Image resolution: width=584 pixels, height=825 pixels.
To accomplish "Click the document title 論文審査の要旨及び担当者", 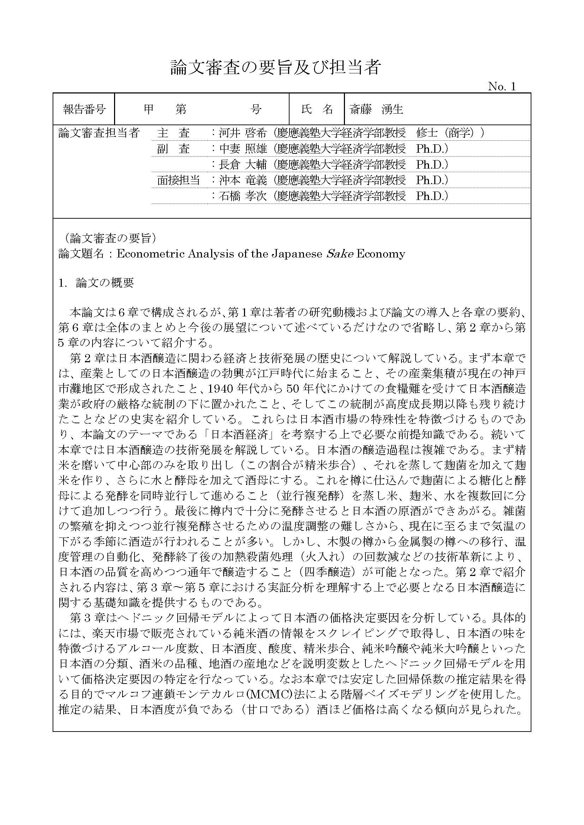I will pyautogui.click(x=275, y=67).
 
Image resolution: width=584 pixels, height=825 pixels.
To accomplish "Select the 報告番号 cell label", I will pyautogui.click(x=84, y=109).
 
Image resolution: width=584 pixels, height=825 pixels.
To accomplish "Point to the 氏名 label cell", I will pyautogui.click(x=316, y=109).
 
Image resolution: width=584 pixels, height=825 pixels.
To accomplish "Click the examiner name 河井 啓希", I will pyautogui.click(x=243, y=133).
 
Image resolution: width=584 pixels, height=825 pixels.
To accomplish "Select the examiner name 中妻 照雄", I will pyautogui.click(x=243, y=149).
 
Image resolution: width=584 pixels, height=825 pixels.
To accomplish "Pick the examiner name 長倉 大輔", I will pyautogui.click(x=243, y=165).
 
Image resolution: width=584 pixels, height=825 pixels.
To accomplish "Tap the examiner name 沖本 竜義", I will pyautogui.click(x=243, y=180).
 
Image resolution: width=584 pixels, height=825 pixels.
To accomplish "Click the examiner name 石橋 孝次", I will pyautogui.click(x=243, y=196).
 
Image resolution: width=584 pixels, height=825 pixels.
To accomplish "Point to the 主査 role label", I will pyautogui.click(x=173, y=133).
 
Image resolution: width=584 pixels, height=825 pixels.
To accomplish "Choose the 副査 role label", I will pyautogui.click(x=173, y=149).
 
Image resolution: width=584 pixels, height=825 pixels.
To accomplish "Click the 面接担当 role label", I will pyautogui.click(x=178, y=180).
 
